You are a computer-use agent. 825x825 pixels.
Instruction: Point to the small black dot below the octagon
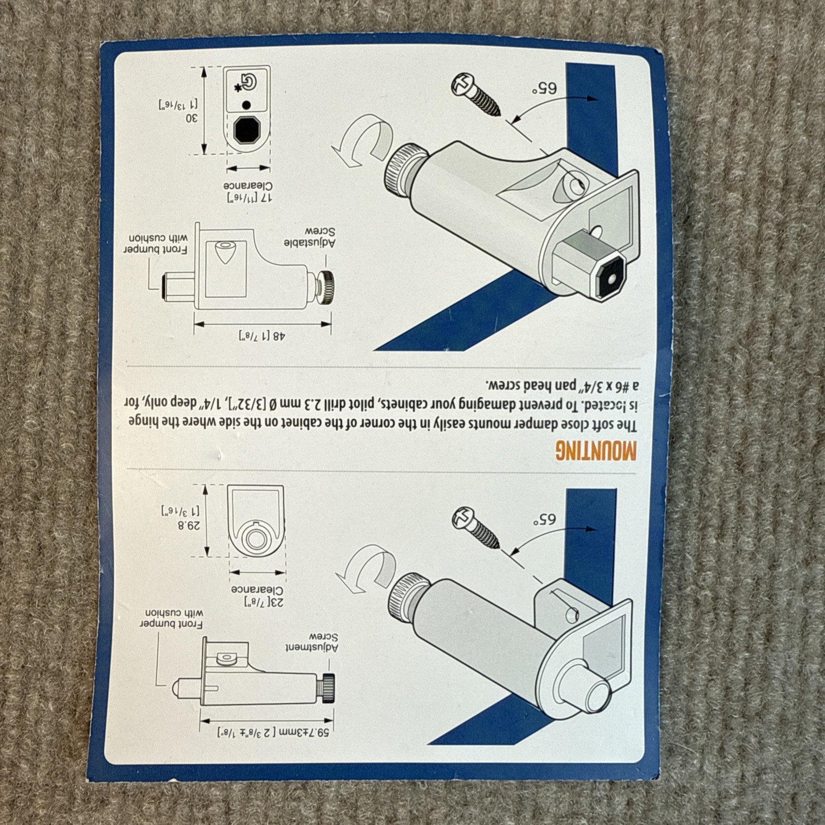tap(246, 105)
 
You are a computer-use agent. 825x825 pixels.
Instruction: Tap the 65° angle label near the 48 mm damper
tap(544, 89)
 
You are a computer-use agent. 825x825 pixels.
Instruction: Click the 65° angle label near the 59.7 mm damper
tap(544, 519)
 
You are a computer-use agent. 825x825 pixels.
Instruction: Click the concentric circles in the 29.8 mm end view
tap(256, 539)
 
